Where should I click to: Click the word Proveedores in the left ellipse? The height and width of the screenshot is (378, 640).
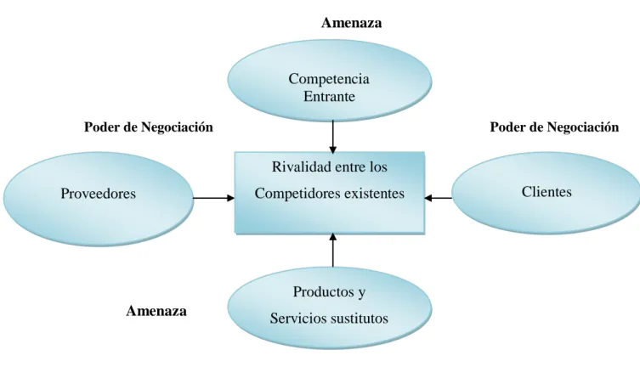tap(98, 194)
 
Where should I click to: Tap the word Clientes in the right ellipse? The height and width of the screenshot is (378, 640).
tap(547, 192)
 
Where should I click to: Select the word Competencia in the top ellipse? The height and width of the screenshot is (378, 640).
tap(329, 79)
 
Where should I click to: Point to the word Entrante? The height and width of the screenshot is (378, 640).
tap(329, 97)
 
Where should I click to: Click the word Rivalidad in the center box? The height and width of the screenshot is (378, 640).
tap(300, 166)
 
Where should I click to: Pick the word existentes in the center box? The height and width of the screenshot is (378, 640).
tap(374, 194)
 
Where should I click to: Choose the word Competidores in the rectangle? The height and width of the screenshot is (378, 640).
tap(297, 194)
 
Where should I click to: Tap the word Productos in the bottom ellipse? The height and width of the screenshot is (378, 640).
tap(323, 291)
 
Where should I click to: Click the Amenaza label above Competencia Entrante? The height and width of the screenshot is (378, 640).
tap(351, 23)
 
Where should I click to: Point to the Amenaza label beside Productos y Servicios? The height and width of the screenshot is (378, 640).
tap(156, 311)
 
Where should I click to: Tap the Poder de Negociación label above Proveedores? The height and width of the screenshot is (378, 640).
tap(149, 127)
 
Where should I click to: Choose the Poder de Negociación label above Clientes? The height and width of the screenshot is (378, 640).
tap(554, 127)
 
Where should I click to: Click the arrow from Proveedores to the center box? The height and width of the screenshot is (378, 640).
tap(213, 198)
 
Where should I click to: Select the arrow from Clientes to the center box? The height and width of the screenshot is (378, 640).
tap(439, 198)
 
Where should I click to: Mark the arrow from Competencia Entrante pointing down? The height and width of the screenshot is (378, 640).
tap(333, 137)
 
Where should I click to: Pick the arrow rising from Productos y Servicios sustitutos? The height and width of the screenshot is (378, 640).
tap(333, 250)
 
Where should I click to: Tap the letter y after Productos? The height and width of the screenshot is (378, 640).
tap(361, 293)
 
